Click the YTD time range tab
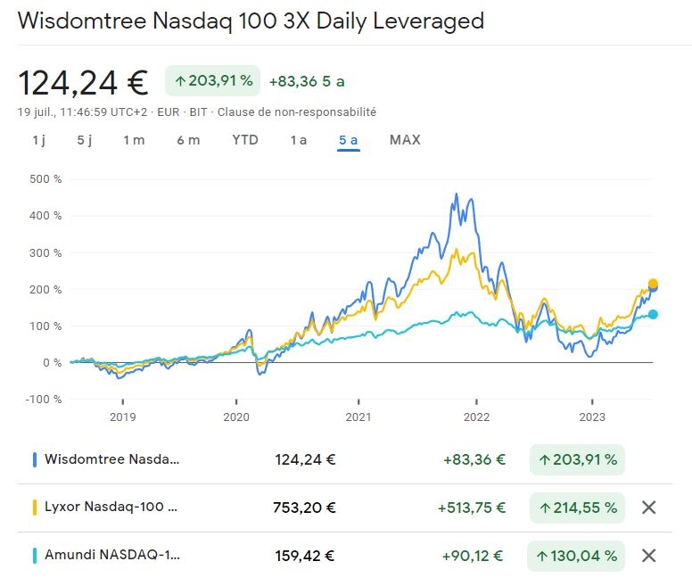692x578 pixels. (245, 140)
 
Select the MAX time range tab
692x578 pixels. (405, 140)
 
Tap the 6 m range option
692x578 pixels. (188, 140)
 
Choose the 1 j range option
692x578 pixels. (39, 140)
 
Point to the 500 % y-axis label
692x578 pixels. (45, 178)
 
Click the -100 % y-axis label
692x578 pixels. (44, 399)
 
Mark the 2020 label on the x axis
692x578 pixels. (235, 416)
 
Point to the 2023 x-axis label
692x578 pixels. (592, 416)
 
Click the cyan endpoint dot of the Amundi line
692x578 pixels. (653, 314)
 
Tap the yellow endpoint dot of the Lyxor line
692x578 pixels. (653, 284)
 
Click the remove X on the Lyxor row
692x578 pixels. (649, 508)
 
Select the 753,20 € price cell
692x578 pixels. (304, 508)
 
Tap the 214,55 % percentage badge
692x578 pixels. (577, 508)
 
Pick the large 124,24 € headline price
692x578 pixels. (83, 83)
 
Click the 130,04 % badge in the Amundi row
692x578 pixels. (576, 556)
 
